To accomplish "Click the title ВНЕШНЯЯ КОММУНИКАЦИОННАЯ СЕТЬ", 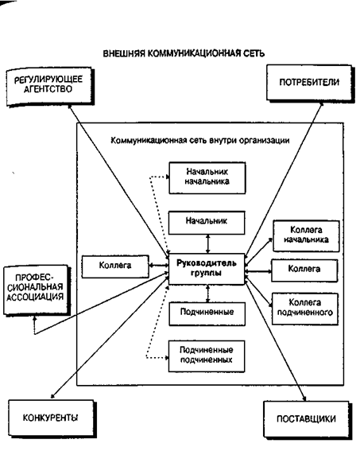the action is [184, 53].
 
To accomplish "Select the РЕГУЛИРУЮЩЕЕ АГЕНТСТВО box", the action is [50, 87].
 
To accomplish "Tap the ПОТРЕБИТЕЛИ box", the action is [310, 83].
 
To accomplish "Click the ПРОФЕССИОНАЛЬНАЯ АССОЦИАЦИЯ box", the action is [37, 290].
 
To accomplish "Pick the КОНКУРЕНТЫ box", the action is [52, 418].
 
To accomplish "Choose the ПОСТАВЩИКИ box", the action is [307, 419].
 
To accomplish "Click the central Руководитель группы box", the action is [207, 269].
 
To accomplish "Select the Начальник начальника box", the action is [207, 177].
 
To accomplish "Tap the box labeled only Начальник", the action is [207, 223].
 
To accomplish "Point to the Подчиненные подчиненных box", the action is [207, 356].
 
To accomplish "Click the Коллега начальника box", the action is [306, 236].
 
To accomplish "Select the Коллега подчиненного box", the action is [305, 309].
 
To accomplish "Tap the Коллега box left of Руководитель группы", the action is [115, 266].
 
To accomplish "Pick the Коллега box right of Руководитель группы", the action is [304, 270].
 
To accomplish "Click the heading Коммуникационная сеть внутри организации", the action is [200, 141].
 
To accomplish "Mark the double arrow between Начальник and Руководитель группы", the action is [207, 244].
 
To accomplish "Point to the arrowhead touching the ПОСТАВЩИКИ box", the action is [304, 398].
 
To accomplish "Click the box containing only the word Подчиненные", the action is [207, 314].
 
